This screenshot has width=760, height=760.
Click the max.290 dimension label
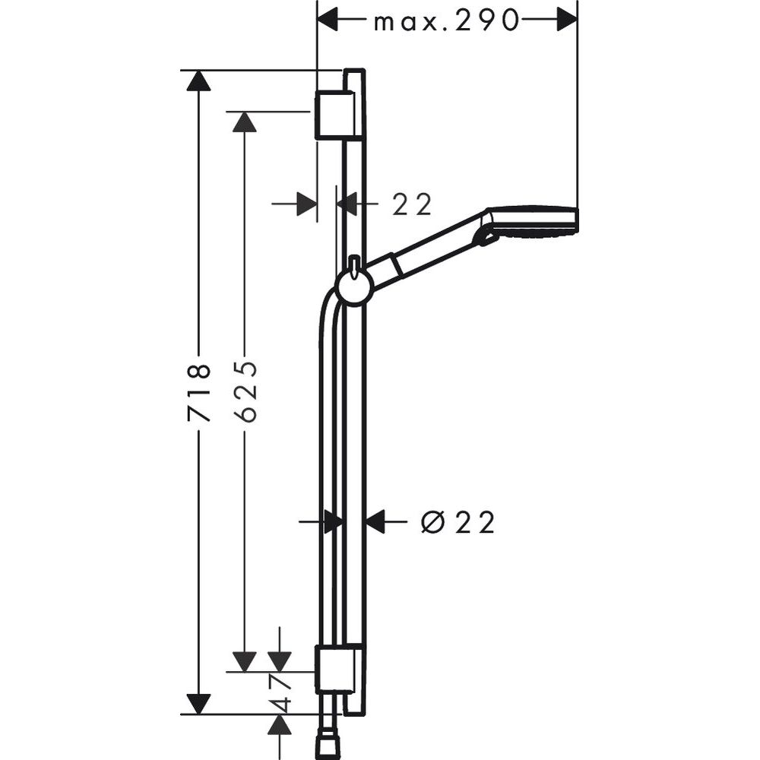[446, 21]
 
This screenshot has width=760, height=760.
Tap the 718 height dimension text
[199, 393]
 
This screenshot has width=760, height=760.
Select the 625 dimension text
[245, 393]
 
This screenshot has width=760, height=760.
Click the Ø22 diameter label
[458, 522]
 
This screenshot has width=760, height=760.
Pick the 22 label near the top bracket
[412, 204]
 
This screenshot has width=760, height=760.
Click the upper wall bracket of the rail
[334, 115]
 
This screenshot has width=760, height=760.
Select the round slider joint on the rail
[353, 287]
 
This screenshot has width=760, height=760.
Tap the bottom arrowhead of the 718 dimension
[199, 704]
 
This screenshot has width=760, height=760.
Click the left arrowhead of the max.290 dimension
[328, 21]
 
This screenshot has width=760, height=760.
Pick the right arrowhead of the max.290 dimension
[566, 21]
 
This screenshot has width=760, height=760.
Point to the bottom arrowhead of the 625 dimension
[245, 661]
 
